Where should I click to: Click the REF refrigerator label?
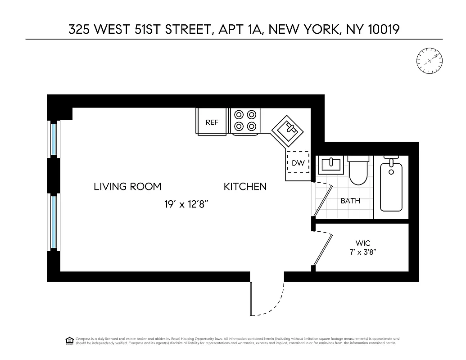212,122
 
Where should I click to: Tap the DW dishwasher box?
298,163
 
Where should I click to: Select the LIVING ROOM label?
127,186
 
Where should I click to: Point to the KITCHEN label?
245,186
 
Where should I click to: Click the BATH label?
350,201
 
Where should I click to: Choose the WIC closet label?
363,243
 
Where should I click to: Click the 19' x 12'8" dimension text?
185,204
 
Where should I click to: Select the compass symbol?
430,60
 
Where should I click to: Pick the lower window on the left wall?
54,222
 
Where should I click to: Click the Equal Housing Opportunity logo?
70,340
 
